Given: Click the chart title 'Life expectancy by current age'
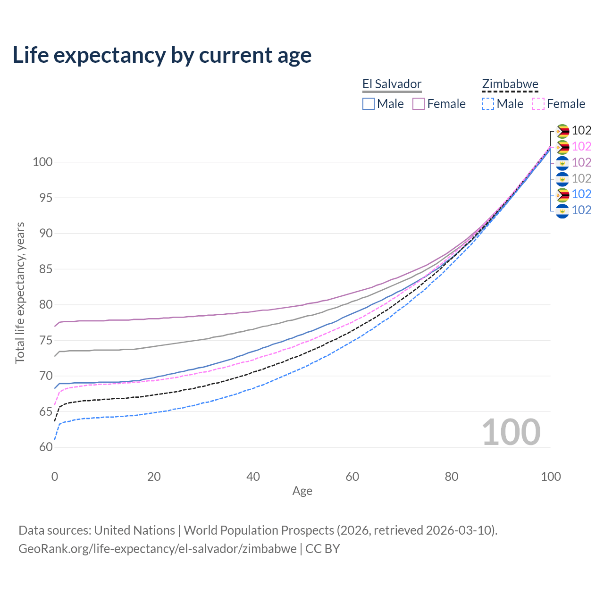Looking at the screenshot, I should pos(162,55).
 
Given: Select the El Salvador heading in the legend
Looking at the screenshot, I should pos(392,84).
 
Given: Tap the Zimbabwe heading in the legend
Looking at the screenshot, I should pos(510,84).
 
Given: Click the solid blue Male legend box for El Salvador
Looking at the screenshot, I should pos(369,104).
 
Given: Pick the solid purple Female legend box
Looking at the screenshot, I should pos(419,104).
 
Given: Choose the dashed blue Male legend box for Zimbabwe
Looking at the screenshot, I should pos(488,104).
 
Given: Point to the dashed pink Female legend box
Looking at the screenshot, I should pos(538,104).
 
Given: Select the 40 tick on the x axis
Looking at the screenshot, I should pos(253,477).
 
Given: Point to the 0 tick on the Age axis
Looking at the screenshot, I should pos(55,477).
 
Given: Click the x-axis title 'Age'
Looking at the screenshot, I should pos(302,491).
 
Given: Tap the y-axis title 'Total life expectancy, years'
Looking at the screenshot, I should pos(20,293).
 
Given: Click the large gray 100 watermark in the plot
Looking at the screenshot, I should pos(511,432).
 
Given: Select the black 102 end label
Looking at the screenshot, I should pos(581,130).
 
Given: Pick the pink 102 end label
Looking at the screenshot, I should pos(581,146).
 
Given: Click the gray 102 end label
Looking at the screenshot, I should pos(581,178).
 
